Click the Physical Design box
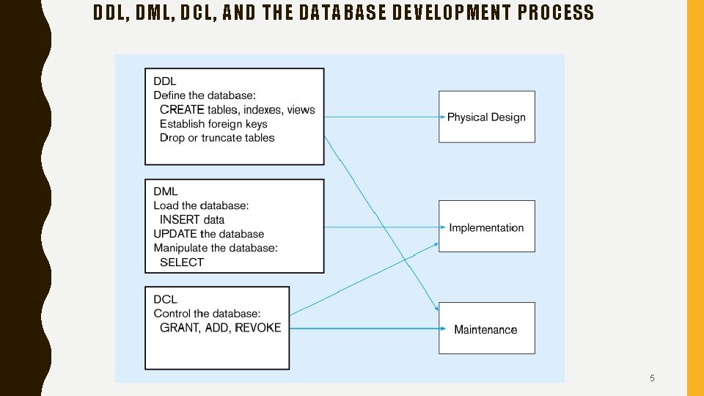(x=486, y=117)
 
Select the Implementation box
(x=486, y=227)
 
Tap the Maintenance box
(x=486, y=329)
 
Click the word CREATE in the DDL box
(x=182, y=110)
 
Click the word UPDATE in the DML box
(x=175, y=234)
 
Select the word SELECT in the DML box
(x=182, y=262)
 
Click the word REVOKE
(x=258, y=328)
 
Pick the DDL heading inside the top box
(x=165, y=81)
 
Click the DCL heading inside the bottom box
(x=165, y=299)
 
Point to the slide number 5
(x=652, y=378)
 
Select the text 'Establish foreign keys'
(x=213, y=124)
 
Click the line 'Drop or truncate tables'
(x=217, y=138)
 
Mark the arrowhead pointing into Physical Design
(x=442, y=117)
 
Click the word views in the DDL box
(x=301, y=110)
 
